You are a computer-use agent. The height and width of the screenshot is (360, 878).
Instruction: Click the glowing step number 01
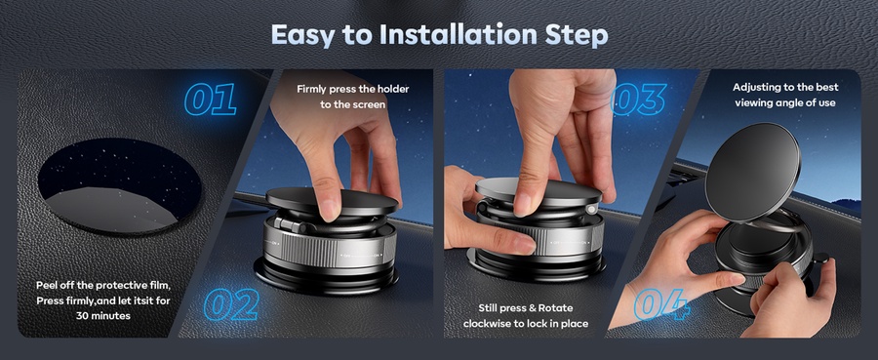click(210, 100)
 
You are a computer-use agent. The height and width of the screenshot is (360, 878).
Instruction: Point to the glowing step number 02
click(230, 304)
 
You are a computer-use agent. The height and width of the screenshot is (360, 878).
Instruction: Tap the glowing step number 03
click(639, 100)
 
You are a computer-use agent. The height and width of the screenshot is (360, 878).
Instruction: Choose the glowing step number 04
click(661, 305)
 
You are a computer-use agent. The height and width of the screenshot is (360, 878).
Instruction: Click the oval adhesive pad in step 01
click(119, 186)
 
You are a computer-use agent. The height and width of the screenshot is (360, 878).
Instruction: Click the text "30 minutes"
click(103, 316)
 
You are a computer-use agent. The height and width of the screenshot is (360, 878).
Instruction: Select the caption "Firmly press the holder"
click(353, 89)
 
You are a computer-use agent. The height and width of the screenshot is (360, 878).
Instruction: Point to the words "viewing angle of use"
click(785, 102)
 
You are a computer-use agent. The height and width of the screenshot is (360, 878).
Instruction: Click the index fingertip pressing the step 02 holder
click(328, 210)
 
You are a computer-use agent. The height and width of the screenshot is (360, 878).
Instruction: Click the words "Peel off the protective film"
click(103, 286)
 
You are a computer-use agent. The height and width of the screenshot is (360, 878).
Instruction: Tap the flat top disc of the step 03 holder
click(538, 191)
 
